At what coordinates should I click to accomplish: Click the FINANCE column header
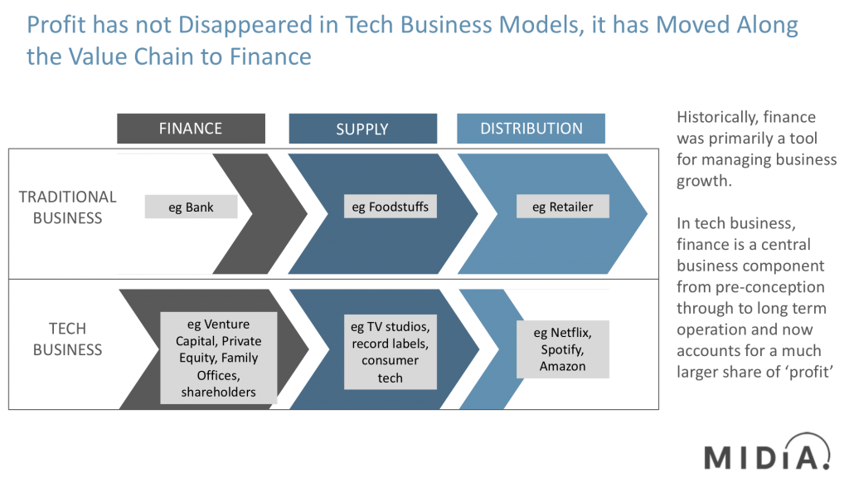click(x=191, y=129)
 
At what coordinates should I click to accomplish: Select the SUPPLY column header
click(x=362, y=129)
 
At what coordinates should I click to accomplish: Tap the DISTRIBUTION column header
click(x=531, y=129)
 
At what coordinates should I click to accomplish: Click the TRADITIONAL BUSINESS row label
click(x=67, y=207)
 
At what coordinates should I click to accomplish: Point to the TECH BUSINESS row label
click(x=67, y=339)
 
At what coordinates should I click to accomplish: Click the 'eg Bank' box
click(x=191, y=207)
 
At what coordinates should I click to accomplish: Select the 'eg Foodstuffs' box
click(x=390, y=207)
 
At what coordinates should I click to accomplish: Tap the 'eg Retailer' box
click(x=563, y=207)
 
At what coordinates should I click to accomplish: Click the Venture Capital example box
click(x=218, y=358)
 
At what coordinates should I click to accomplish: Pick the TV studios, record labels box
click(x=390, y=351)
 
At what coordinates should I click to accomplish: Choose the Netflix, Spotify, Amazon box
click(x=563, y=349)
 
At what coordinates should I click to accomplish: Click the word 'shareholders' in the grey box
click(x=219, y=392)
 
